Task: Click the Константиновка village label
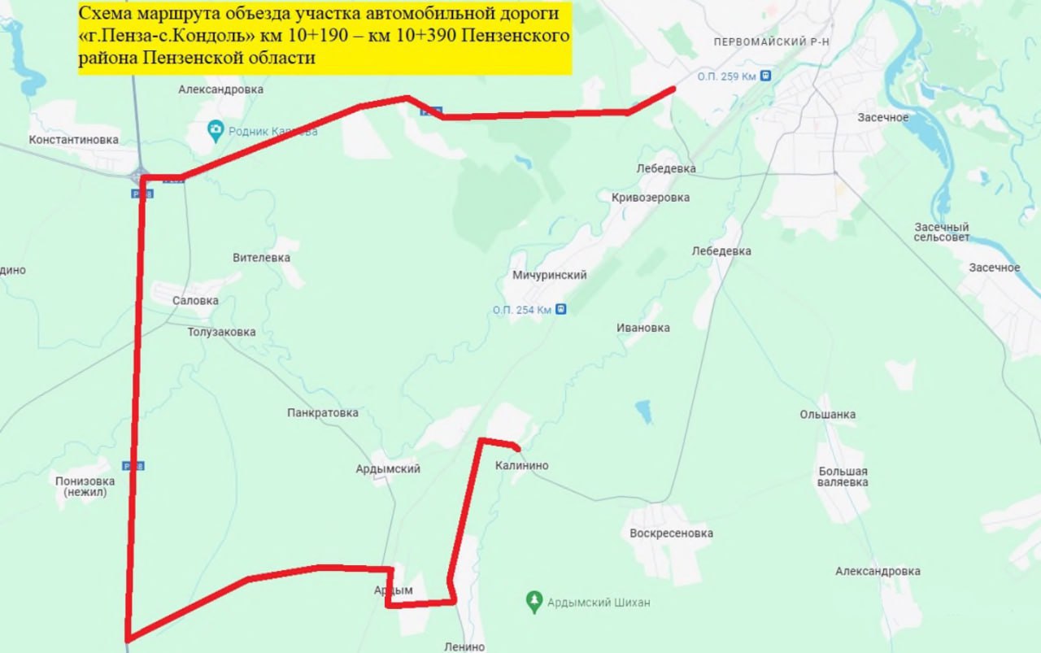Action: coord(73,140)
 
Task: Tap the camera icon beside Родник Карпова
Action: coord(215,130)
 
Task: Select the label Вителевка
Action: coord(261,258)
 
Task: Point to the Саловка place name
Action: coord(195,300)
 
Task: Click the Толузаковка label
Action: coord(221,332)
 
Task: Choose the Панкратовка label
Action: coord(322,412)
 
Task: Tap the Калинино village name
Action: coord(521,466)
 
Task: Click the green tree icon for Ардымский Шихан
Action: coord(534,602)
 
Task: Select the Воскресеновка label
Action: coord(671,533)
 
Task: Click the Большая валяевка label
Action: coord(843,477)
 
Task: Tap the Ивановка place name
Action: coord(642,328)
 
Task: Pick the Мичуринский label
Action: coord(549,275)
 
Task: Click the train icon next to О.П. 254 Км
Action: coord(560,310)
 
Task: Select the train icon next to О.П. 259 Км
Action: coord(764,76)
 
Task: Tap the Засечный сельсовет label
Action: coord(941,232)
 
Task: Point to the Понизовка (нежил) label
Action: coord(85,486)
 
